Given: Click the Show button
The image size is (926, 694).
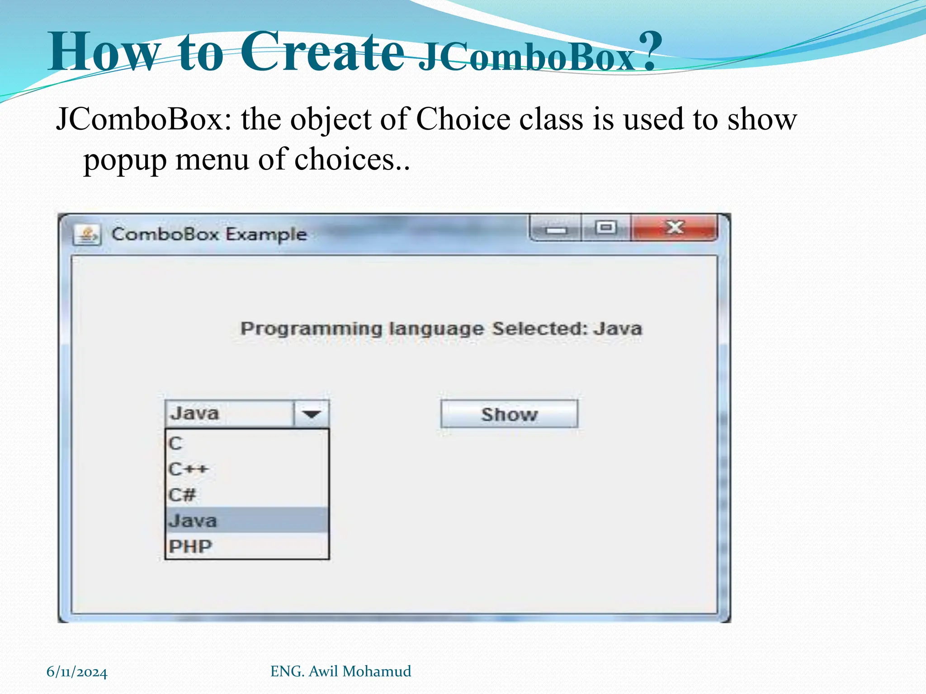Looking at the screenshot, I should [x=509, y=414].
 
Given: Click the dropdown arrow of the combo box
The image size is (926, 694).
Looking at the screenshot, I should [x=311, y=414].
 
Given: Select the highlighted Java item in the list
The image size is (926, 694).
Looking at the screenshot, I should [x=247, y=520].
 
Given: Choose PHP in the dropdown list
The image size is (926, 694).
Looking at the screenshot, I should [x=247, y=546].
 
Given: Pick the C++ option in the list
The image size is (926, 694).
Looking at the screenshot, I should [x=247, y=469].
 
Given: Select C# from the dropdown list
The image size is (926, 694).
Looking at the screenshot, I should [x=247, y=495].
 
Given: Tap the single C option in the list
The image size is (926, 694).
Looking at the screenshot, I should [x=247, y=443].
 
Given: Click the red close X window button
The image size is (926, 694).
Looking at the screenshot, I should [x=674, y=228].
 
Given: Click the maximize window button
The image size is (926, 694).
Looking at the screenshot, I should [x=605, y=228].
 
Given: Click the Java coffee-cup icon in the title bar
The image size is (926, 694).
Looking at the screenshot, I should [x=87, y=234].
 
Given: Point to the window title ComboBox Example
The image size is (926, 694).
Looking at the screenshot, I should [x=209, y=234].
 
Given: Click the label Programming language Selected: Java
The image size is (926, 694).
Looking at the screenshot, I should [x=441, y=328].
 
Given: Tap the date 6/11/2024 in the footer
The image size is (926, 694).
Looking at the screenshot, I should [x=77, y=672].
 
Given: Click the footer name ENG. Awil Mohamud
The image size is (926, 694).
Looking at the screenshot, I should [x=340, y=671].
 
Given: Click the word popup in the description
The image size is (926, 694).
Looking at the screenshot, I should [x=125, y=160].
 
